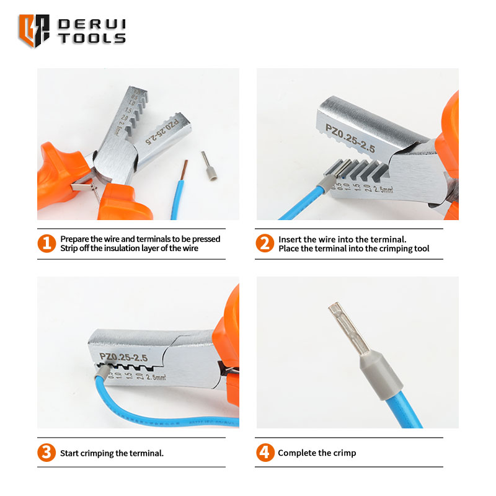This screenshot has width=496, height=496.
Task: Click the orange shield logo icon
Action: pos(34,30)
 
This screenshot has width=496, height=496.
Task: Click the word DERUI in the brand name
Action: pos(92,24)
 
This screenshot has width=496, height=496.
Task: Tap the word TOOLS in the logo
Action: pos(92,38)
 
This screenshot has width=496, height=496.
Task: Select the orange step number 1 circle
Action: pos(46,243)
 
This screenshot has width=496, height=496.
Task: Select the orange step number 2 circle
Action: pos(265,243)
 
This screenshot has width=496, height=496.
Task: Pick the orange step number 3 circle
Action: pos(46,453)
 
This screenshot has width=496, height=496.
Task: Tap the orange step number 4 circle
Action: pos(265,453)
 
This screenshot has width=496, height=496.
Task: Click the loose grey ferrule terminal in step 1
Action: pos(210,166)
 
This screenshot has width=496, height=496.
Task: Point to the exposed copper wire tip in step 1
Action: pos(184,170)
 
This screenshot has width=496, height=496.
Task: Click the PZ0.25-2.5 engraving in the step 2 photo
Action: pos(350,138)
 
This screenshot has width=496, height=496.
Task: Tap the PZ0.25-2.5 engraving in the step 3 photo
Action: pos(123,357)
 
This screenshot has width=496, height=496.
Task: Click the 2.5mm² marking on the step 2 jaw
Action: pos(383,189)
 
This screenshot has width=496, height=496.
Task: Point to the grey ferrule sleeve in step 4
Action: pos(381,376)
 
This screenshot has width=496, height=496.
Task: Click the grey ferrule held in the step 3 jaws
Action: pos(102,371)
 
